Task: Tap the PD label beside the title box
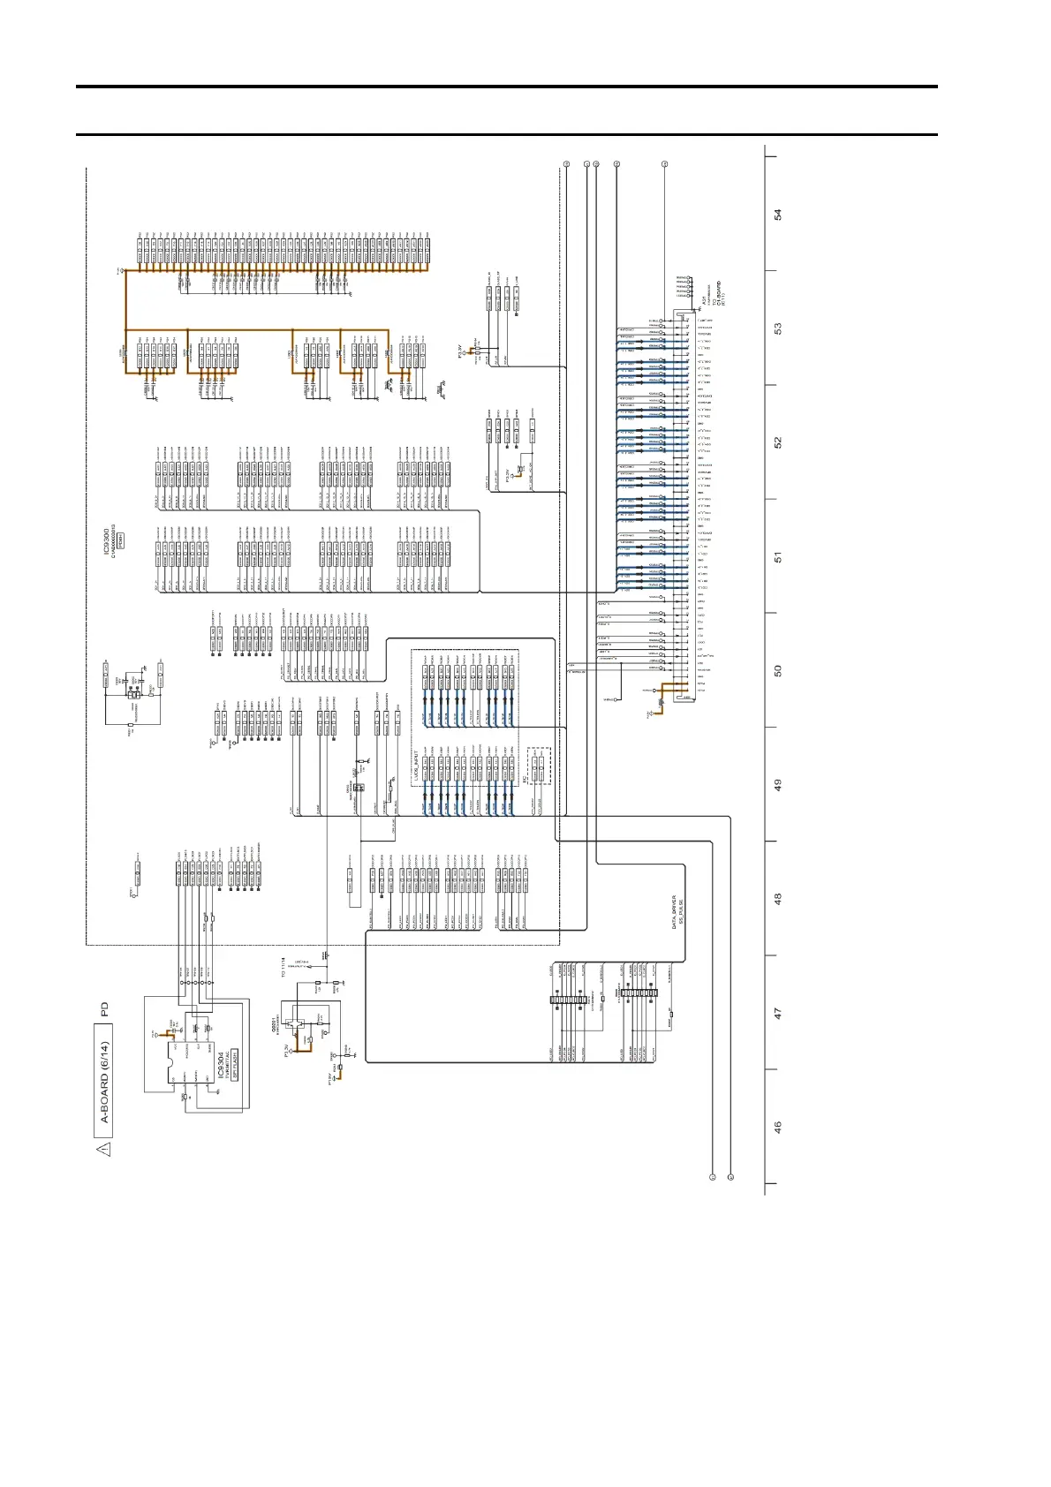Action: click(x=105, y=1009)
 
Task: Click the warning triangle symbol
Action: click(x=104, y=1149)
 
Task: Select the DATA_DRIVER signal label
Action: click(x=674, y=911)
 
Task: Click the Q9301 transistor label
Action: click(x=274, y=1025)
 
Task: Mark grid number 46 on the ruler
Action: click(x=778, y=1127)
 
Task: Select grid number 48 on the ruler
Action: click(x=778, y=898)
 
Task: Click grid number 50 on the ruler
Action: click(x=778, y=670)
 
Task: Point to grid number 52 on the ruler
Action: click(x=778, y=442)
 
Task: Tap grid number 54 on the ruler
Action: click(x=778, y=215)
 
